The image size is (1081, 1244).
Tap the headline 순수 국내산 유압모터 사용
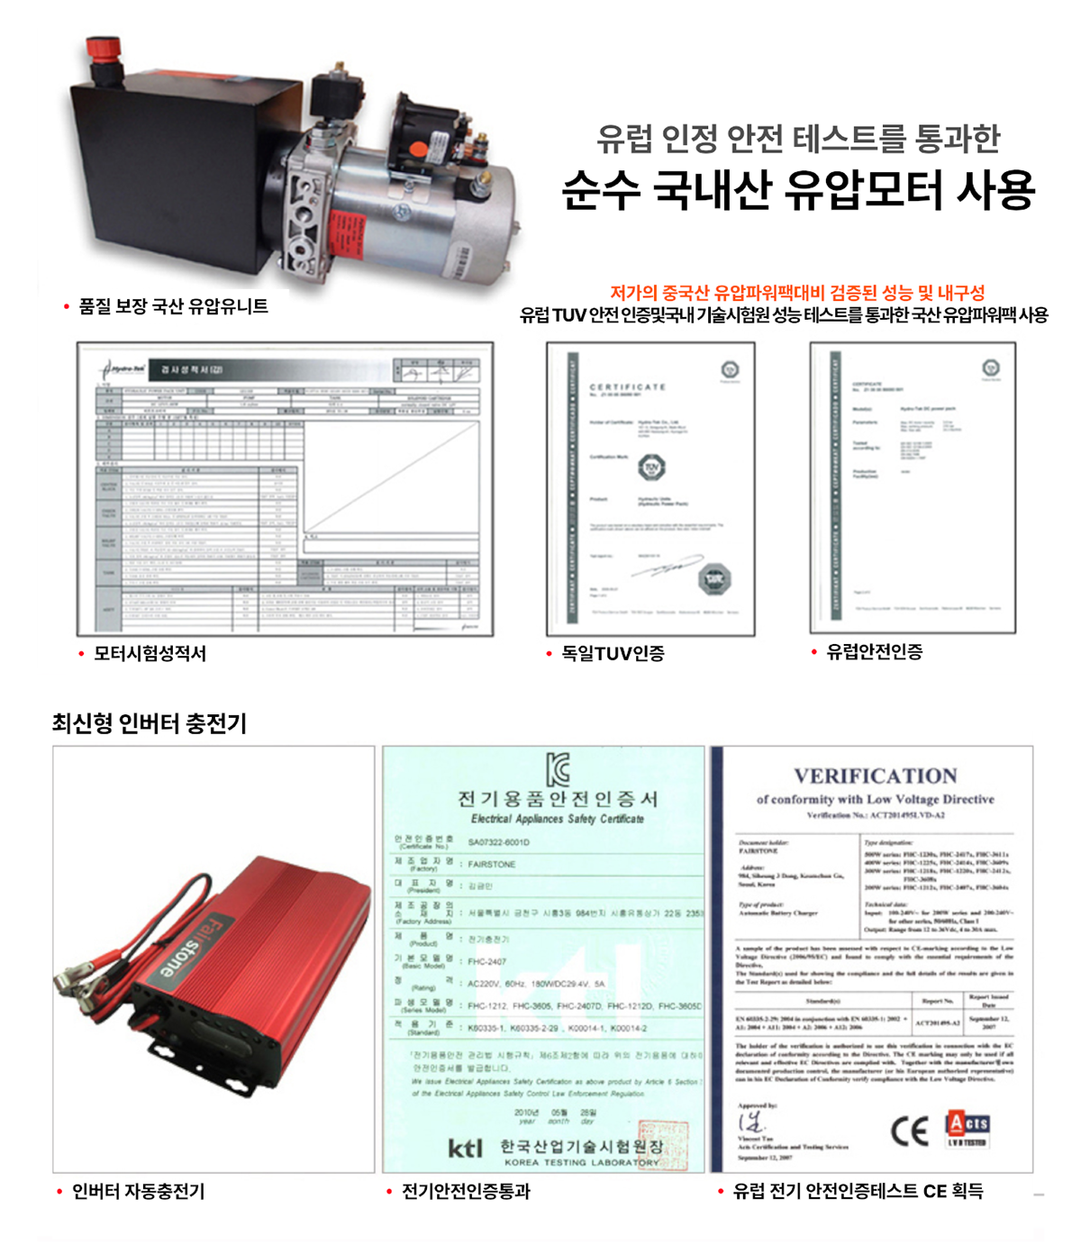(x=798, y=189)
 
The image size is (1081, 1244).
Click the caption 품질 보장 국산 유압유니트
(x=173, y=306)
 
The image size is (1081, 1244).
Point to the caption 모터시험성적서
(x=150, y=653)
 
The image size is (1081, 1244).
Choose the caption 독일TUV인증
(x=613, y=653)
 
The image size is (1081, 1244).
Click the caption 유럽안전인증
(x=874, y=651)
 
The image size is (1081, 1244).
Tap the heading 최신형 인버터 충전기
(x=150, y=722)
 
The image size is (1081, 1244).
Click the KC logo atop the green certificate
(x=559, y=769)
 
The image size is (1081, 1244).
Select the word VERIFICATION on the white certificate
(x=875, y=776)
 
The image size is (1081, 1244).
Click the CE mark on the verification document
(x=909, y=1130)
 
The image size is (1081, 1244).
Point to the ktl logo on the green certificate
(x=466, y=1148)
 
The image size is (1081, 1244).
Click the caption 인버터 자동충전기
(x=138, y=1191)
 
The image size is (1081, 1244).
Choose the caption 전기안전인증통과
(x=465, y=1191)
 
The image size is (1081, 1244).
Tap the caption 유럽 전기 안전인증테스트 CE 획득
(x=858, y=1191)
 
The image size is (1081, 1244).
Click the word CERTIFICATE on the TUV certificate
(x=627, y=386)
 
